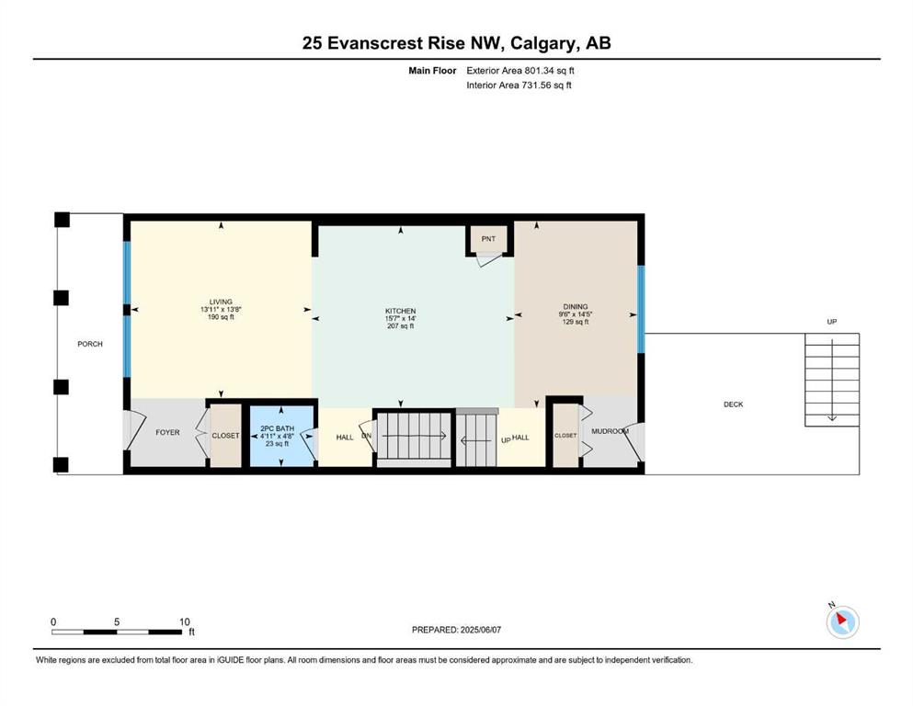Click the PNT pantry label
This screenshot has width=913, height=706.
[488, 239]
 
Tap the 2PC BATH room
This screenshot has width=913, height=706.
[282, 435]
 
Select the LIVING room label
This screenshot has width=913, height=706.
[221, 302]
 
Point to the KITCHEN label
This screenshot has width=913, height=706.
[401, 311]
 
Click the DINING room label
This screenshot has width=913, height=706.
[576, 307]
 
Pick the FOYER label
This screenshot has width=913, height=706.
[167, 432]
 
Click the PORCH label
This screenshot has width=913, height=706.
[90, 344]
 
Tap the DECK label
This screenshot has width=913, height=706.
[734, 404]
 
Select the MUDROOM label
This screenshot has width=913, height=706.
[610, 431]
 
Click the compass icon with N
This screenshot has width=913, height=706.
[842, 621]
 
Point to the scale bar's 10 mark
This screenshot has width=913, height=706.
[185, 621]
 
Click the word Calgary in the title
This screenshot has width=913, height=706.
[544, 43]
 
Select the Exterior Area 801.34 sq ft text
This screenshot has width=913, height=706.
[520, 71]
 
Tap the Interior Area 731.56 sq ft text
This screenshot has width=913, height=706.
[519, 85]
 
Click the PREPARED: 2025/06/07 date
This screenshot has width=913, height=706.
[456, 630]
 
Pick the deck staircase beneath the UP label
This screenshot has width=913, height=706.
[832, 380]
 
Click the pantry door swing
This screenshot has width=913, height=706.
[488, 259]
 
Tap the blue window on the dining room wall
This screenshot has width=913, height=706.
[641, 309]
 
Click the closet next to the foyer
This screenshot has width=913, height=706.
[225, 436]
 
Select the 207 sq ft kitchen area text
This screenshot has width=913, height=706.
[401, 326]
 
